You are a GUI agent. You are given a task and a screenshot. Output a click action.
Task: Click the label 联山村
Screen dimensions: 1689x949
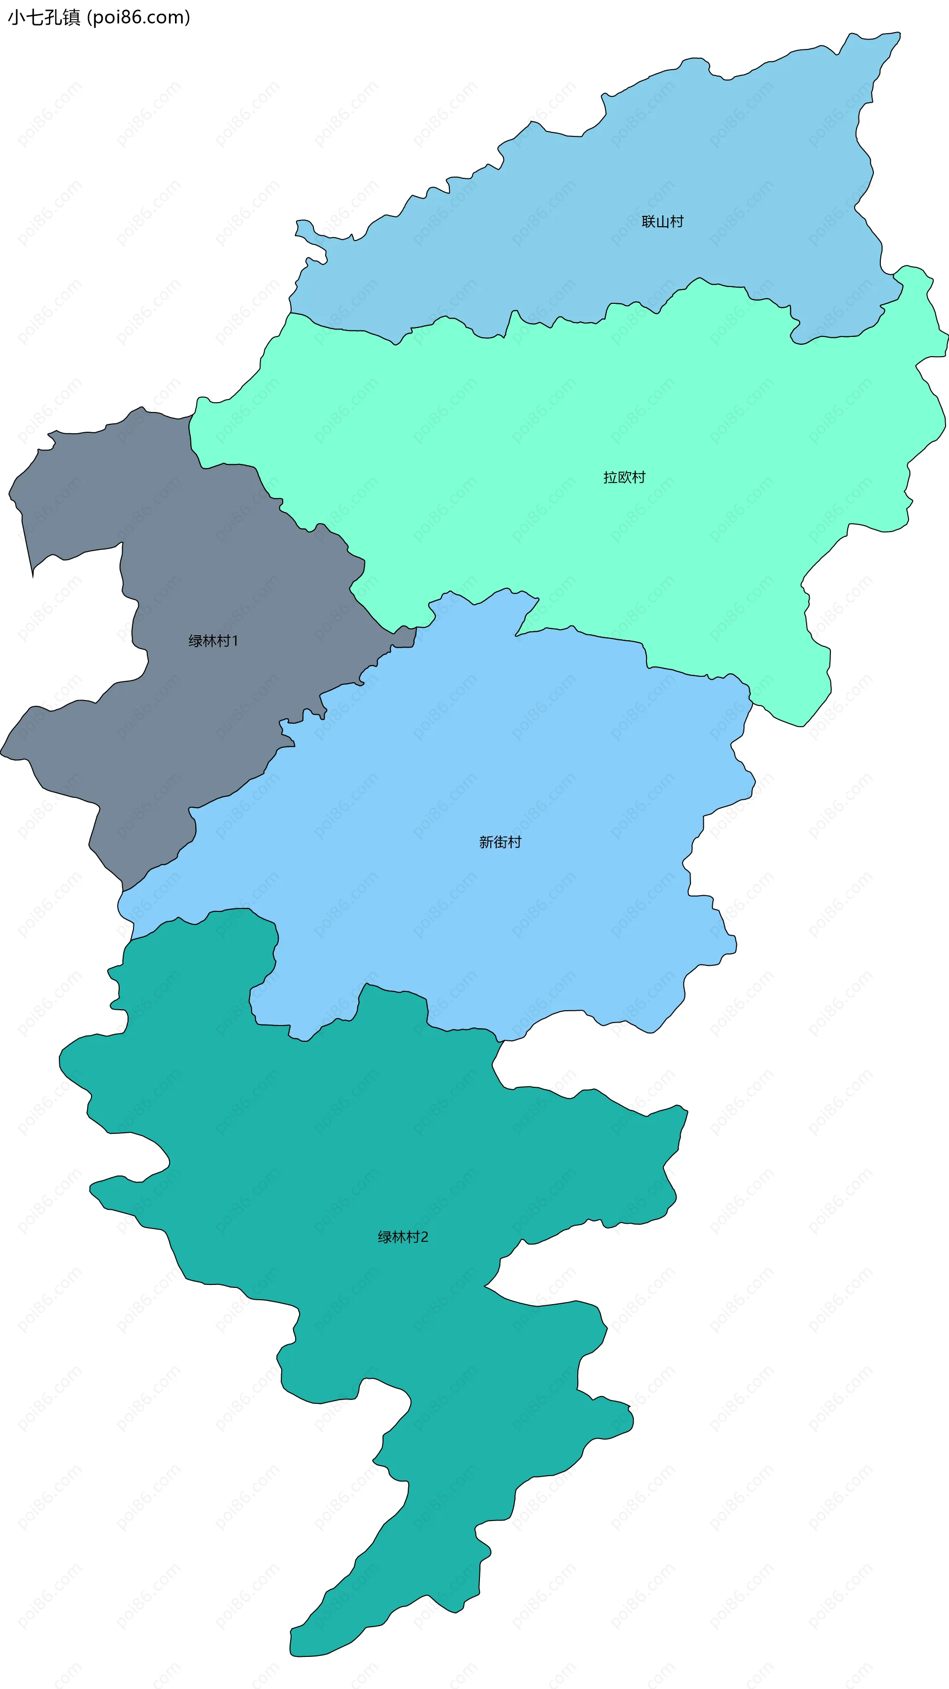click(x=662, y=222)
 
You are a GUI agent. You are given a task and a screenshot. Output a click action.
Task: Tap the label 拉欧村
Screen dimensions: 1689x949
click(x=624, y=477)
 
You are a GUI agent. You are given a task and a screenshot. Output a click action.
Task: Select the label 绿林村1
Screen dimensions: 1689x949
click(x=213, y=641)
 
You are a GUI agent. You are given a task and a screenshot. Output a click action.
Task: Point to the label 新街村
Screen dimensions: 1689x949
click(x=500, y=842)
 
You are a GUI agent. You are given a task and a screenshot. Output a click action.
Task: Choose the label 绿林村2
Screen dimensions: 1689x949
click(x=403, y=1236)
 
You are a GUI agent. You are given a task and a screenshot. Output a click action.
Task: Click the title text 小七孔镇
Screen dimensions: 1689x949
click(x=44, y=17)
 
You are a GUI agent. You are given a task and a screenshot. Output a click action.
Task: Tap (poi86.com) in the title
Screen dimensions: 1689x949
click(x=138, y=17)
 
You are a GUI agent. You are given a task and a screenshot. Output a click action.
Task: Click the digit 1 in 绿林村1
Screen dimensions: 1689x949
click(x=235, y=641)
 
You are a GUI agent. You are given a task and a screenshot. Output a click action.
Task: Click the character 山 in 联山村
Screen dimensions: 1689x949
click(x=662, y=222)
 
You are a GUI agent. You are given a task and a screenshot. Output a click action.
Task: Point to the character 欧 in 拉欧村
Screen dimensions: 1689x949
click(x=624, y=477)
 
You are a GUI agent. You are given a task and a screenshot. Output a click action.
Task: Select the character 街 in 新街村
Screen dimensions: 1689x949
click(x=500, y=842)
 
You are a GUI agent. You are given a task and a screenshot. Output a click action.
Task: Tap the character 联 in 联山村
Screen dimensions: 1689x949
click(x=648, y=222)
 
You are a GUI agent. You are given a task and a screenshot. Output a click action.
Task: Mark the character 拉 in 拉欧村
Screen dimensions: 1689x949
click(x=610, y=477)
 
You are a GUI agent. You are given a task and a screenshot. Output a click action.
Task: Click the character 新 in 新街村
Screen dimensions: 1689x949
click(x=486, y=842)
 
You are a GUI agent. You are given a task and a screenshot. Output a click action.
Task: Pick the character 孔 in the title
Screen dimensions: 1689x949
click(x=53, y=17)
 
